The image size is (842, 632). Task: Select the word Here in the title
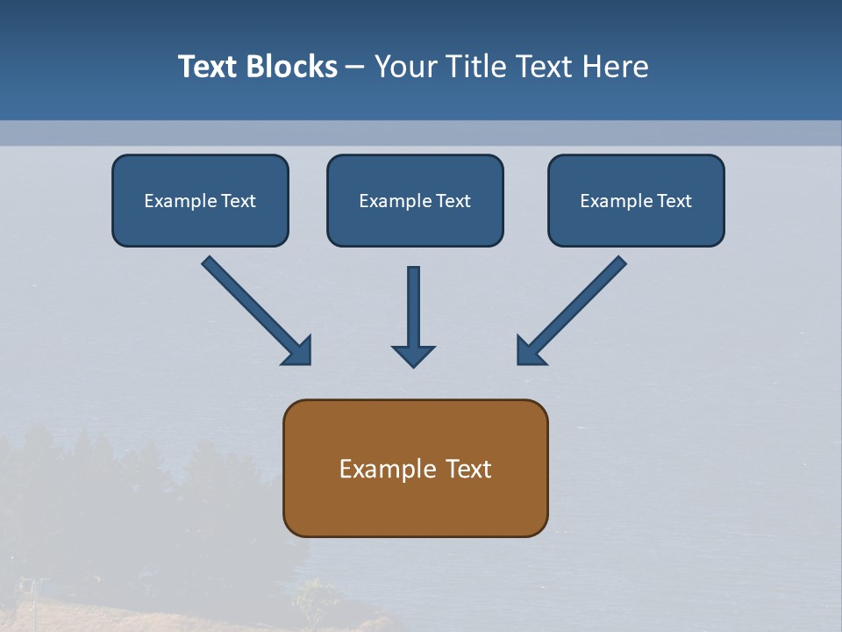[617, 67]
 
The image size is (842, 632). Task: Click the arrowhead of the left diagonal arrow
[298, 351]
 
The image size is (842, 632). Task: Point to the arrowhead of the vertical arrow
[413, 355]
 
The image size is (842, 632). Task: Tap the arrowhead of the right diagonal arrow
[530, 351]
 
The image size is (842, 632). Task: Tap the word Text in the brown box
[468, 470]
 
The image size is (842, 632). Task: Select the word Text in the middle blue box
[453, 201]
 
